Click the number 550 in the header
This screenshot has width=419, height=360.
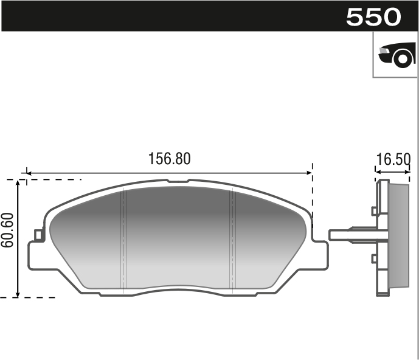coord(373,17)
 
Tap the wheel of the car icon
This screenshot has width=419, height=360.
coord(402,59)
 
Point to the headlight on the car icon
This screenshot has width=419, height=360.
coord(384,52)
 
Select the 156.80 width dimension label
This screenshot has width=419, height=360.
coord(170,159)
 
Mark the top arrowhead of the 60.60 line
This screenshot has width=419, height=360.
coord(19,184)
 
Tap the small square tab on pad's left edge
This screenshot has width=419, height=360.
coord(38,234)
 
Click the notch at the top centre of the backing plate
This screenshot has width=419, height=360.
coord(178,181)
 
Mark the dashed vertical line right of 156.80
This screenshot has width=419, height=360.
coord(312,195)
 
